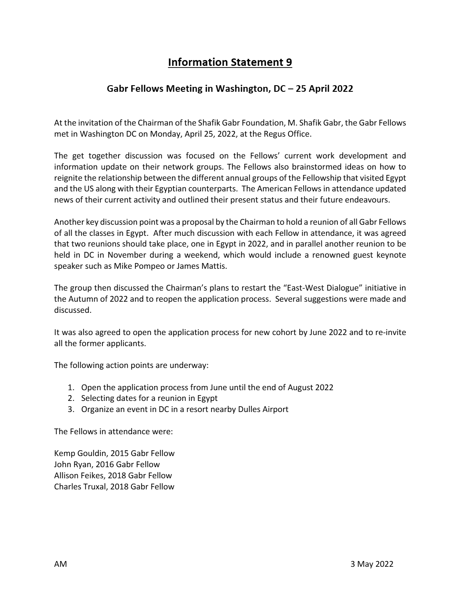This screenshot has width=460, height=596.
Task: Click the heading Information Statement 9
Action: [230, 62]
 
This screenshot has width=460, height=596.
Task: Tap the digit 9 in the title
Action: [289, 62]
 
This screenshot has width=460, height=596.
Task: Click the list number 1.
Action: [71, 387]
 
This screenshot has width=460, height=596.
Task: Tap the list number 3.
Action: [71, 410]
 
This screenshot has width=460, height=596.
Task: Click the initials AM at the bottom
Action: [60, 564]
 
